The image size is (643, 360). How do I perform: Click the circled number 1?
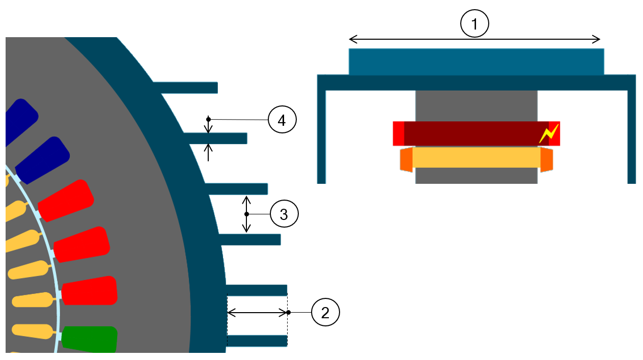[x=474, y=24]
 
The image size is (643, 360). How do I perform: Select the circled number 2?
[x=325, y=312]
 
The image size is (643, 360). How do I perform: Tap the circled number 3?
[x=284, y=214]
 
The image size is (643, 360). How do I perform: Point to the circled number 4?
[x=282, y=120]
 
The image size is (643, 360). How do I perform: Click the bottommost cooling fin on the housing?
[x=257, y=341]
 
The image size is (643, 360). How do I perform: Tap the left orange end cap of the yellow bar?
[x=406, y=159]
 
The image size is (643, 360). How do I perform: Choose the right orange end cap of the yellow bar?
[x=546, y=159]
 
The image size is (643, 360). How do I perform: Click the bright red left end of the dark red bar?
[x=399, y=133]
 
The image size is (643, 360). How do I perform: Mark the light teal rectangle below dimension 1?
[x=476, y=62]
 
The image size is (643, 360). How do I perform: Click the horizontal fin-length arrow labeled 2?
[x=258, y=313]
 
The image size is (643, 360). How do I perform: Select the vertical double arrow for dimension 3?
[x=246, y=214]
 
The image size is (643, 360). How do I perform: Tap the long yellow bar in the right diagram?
[x=476, y=158]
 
